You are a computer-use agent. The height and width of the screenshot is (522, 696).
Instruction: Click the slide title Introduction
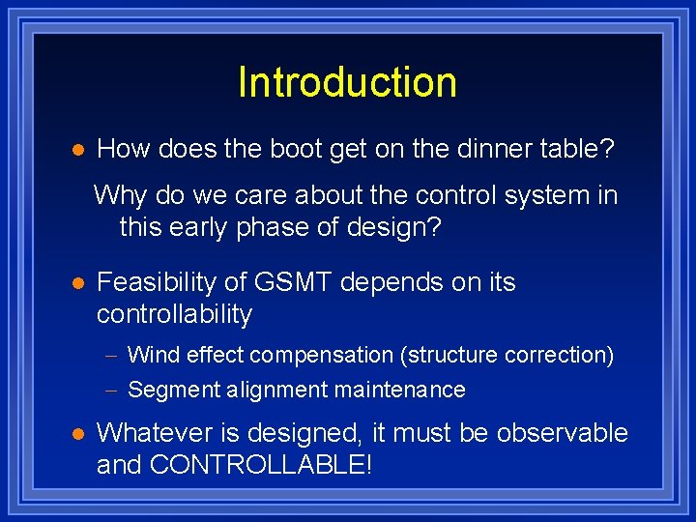[347, 82]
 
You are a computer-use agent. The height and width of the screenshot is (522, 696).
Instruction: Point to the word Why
[120, 195]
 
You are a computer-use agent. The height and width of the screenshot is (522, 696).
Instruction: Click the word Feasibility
[158, 282]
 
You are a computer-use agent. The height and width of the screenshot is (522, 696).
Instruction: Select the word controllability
[174, 314]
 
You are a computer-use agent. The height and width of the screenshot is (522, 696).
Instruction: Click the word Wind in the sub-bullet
[149, 355]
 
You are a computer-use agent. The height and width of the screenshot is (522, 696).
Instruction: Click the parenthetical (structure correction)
[507, 355]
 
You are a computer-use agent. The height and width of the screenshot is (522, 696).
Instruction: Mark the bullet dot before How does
[78, 150]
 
